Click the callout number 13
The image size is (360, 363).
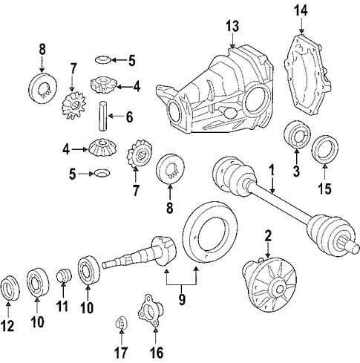tap(232, 27)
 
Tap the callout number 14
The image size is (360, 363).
tap(301, 11)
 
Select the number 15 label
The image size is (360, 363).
tap(324, 189)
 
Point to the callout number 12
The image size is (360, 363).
tap(7, 326)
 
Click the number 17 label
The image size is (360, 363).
tap(121, 353)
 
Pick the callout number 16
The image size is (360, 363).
tap(157, 353)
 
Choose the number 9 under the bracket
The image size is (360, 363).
tap(182, 300)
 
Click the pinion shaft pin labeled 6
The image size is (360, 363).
tap(103, 117)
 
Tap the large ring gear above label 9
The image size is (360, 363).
tap(211, 232)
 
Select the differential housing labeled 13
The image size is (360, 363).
tap(215, 91)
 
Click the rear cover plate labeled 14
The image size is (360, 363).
tap(307, 75)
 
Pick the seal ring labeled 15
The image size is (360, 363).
tap(324, 150)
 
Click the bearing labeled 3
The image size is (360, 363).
tap(297, 135)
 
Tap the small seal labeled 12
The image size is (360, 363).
tap(10, 288)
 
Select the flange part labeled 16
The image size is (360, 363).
tap(150, 311)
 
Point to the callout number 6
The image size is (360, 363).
tap(129, 117)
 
